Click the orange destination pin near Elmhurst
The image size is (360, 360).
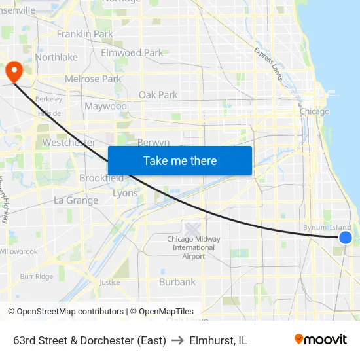pos(13,71)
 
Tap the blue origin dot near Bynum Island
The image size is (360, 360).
pos(346,238)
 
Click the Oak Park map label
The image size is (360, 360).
pos(158,95)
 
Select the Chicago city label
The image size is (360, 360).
pos(314,111)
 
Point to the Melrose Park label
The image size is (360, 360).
pos(93,79)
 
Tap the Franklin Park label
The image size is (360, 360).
pos(84,34)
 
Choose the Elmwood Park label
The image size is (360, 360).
pos(132,52)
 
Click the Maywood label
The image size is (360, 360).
pos(105,106)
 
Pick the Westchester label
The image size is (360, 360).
pos(69,142)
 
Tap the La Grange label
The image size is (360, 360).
pos(76,200)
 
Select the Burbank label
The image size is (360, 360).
pos(177,282)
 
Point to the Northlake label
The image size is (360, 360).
pos(56,57)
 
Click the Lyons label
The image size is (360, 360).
pos(125,193)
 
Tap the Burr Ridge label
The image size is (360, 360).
pos(36,276)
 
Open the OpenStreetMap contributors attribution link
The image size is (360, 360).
pos(70,312)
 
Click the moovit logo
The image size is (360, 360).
pos(321,340)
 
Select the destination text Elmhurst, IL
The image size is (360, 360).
pos(218,340)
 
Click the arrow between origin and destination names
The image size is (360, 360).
pos(178,340)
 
